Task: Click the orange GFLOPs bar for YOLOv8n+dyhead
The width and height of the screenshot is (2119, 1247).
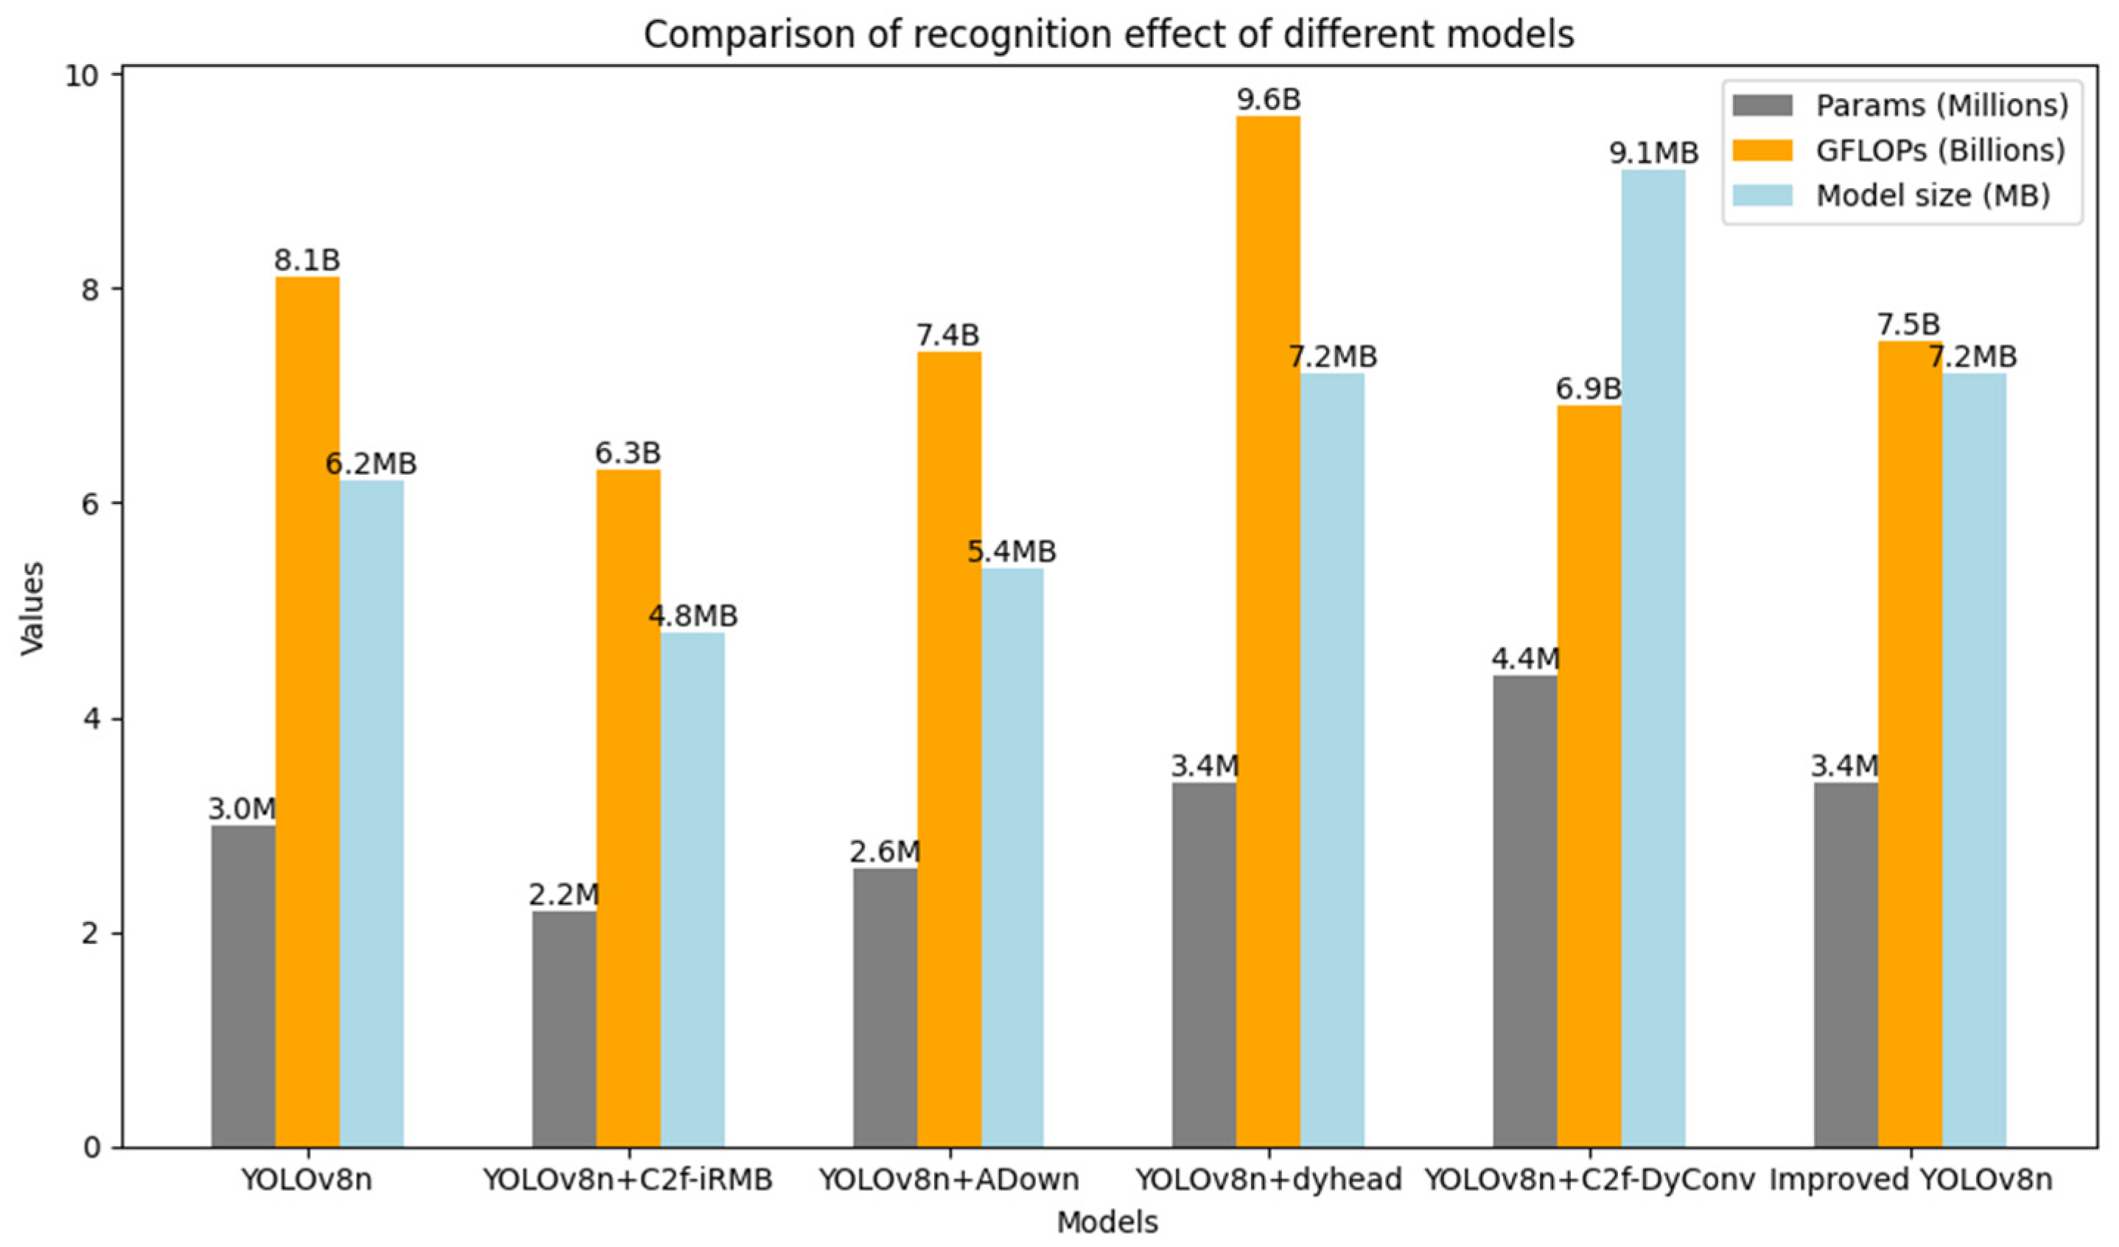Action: (x=1268, y=631)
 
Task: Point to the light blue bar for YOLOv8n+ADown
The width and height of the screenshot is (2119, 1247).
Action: (x=1012, y=857)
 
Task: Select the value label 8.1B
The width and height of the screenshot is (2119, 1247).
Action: (x=307, y=261)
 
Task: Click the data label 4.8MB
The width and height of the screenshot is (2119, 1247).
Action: (x=693, y=616)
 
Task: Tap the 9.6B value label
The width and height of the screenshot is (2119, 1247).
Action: (x=1268, y=100)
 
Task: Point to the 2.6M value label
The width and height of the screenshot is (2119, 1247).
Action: (x=885, y=853)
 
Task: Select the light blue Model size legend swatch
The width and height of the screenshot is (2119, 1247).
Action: (x=1762, y=195)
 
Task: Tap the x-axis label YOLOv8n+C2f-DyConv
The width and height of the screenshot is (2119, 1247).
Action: (x=1590, y=1180)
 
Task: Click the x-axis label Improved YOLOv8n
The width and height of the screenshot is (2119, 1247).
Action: (x=1910, y=1180)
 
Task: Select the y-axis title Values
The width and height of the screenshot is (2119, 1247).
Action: (x=32, y=608)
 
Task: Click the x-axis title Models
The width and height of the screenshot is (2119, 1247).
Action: (x=1107, y=1222)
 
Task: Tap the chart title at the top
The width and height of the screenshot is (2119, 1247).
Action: (x=1108, y=35)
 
